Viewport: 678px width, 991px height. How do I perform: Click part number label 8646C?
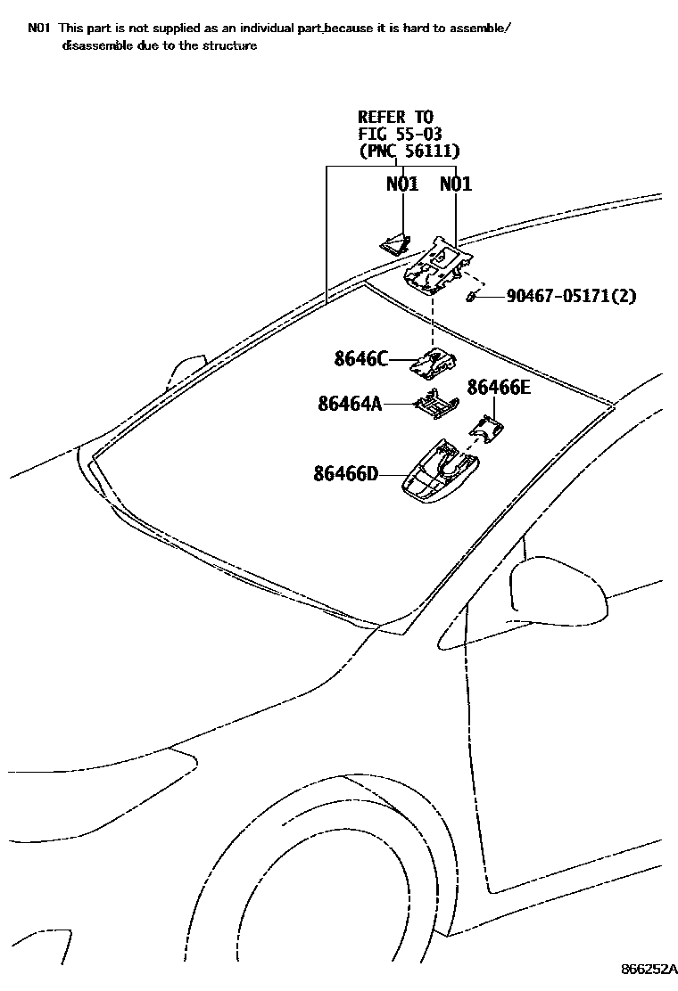[x=361, y=359]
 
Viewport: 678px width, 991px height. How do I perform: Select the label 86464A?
[x=350, y=404]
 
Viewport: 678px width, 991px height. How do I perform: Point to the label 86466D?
[x=346, y=474]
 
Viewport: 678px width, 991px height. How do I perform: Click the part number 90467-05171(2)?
[x=571, y=296]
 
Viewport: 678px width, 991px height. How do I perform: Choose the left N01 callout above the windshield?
[x=402, y=184]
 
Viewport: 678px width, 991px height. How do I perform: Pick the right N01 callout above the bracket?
[x=456, y=184]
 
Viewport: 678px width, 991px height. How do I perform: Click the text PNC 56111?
[x=409, y=152]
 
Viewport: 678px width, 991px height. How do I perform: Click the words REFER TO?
[x=395, y=117]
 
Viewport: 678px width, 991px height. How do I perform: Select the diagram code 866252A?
[x=649, y=969]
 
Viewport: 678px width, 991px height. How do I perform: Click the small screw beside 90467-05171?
[x=473, y=297]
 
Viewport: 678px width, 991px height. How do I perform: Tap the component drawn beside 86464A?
[x=435, y=405]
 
